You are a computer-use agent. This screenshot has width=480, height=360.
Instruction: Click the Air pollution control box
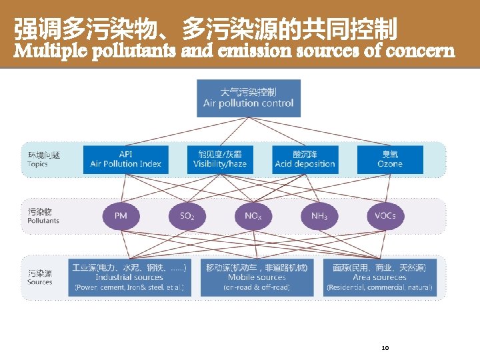click(x=249, y=97)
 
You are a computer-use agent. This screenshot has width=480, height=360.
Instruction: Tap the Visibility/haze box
click(x=220, y=159)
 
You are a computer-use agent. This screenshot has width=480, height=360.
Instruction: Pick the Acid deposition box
click(x=305, y=159)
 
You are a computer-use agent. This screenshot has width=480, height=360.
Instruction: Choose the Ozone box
click(x=390, y=159)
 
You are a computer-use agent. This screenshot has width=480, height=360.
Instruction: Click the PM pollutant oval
click(x=121, y=216)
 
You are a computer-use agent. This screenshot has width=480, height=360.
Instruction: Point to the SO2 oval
click(x=187, y=216)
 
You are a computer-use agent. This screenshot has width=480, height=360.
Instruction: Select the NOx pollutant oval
click(x=253, y=216)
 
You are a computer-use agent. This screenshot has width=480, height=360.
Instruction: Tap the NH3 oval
click(x=319, y=216)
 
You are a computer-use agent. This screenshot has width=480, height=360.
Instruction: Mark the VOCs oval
click(x=385, y=216)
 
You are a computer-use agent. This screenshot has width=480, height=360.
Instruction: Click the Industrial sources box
click(x=129, y=277)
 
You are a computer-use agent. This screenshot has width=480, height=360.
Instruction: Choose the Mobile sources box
click(x=257, y=277)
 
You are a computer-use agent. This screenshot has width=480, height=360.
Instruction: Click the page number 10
click(x=385, y=347)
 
